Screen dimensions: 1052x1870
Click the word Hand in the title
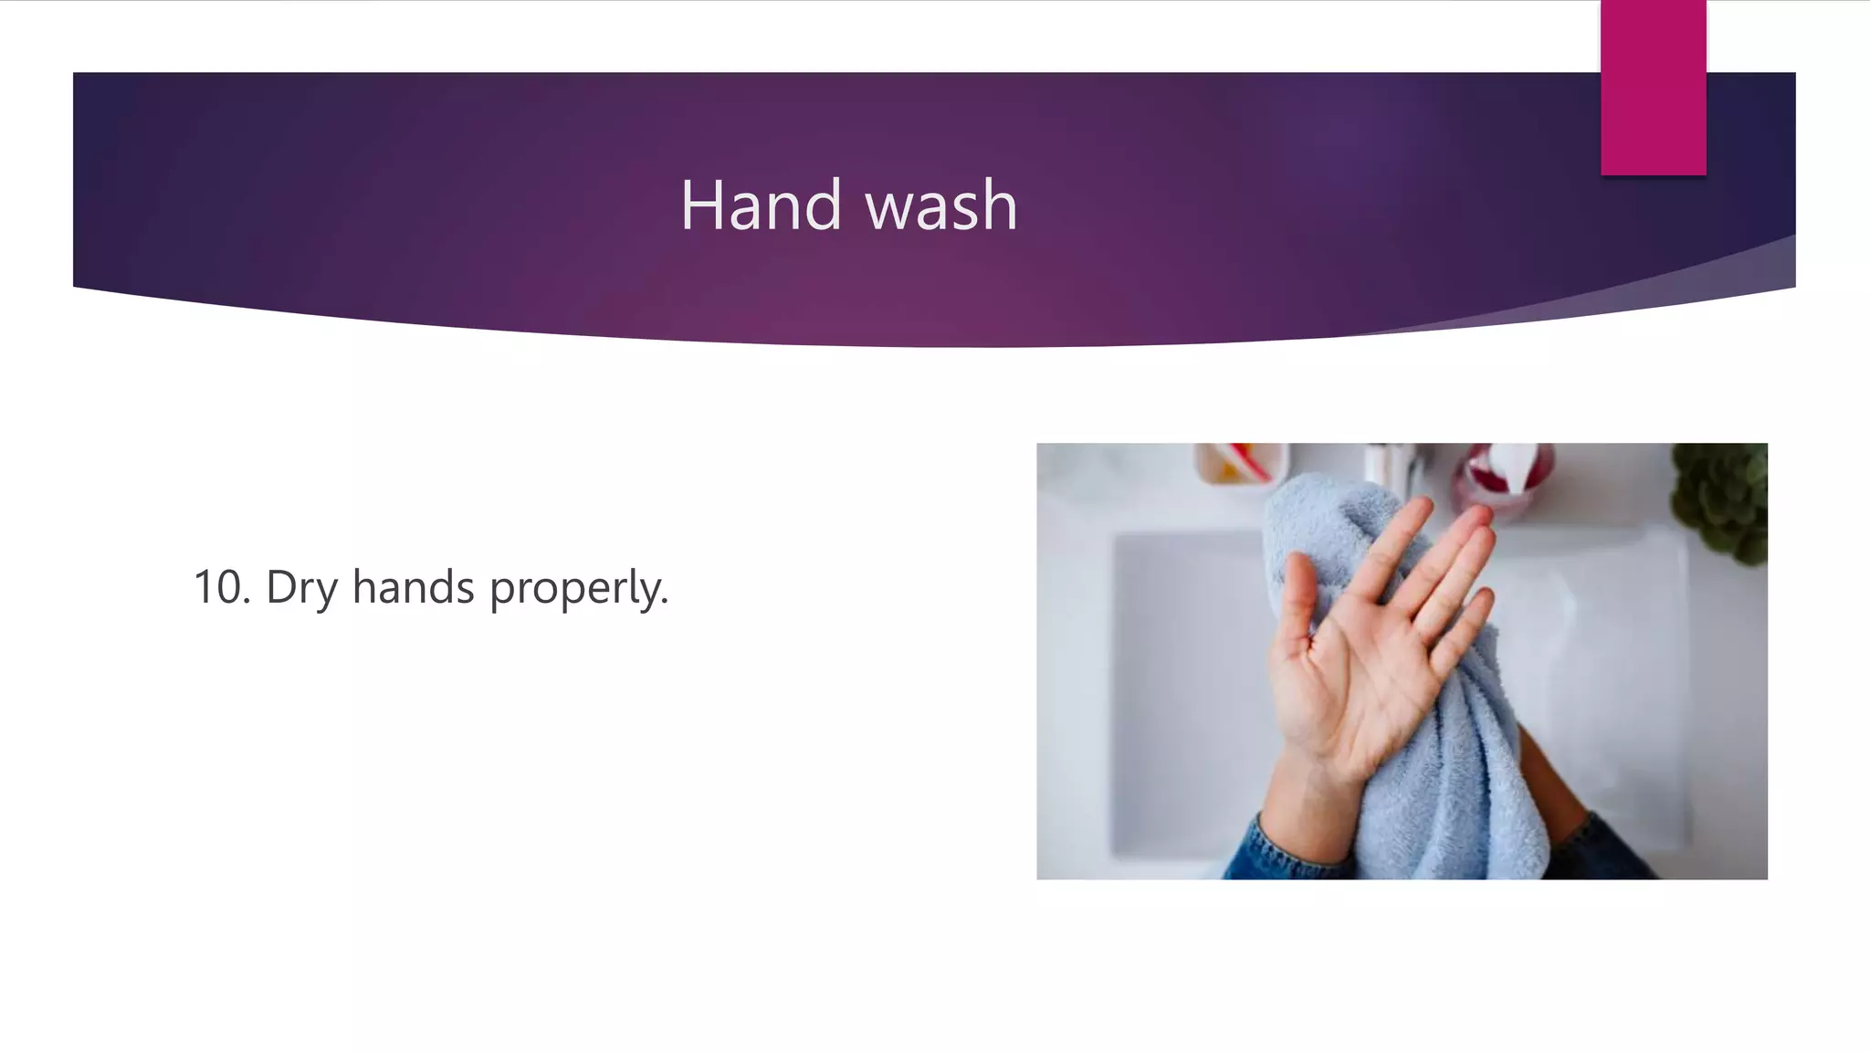[x=761, y=205]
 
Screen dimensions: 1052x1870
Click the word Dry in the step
[x=301, y=588]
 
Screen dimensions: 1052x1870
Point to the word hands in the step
[x=413, y=586]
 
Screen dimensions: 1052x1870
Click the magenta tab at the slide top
[x=1653, y=87]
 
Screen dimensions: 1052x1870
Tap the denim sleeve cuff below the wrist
[x=1278, y=849]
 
